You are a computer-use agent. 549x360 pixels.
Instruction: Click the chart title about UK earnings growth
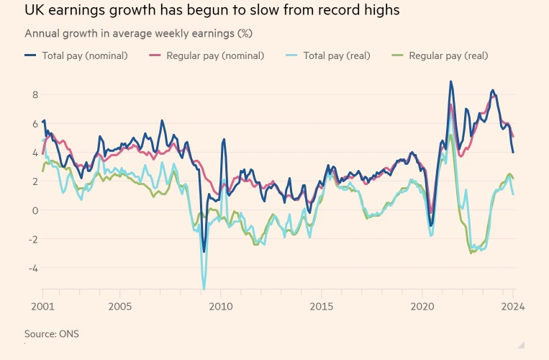(x=212, y=11)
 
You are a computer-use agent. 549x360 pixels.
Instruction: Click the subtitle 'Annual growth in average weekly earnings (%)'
(x=138, y=34)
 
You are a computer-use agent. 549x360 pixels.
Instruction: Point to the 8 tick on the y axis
(x=33, y=94)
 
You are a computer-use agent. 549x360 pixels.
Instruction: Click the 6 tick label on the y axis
(x=33, y=123)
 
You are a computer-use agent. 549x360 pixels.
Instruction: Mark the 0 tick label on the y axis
(x=33, y=210)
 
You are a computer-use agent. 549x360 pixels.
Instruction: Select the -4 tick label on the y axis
(x=31, y=268)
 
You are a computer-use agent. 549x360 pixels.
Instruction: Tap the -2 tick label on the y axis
(x=31, y=239)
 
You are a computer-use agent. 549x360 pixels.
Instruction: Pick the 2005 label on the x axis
(x=119, y=305)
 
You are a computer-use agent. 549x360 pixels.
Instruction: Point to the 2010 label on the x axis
(x=220, y=305)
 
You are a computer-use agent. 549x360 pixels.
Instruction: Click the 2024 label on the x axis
(x=513, y=305)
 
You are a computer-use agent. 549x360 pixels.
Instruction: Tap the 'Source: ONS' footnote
(x=52, y=333)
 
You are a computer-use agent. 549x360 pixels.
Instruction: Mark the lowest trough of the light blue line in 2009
(x=204, y=289)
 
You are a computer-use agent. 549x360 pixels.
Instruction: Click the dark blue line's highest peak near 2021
(x=450, y=81)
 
